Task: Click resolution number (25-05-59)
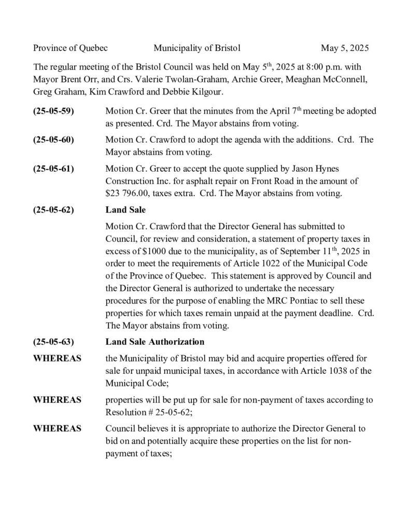[x=53, y=111]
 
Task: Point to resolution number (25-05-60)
[x=53, y=140]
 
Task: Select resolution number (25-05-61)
[x=53, y=169]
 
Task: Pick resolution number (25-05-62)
[x=53, y=210]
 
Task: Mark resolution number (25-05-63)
[x=53, y=342]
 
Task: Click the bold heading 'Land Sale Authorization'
[x=154, y=342]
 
